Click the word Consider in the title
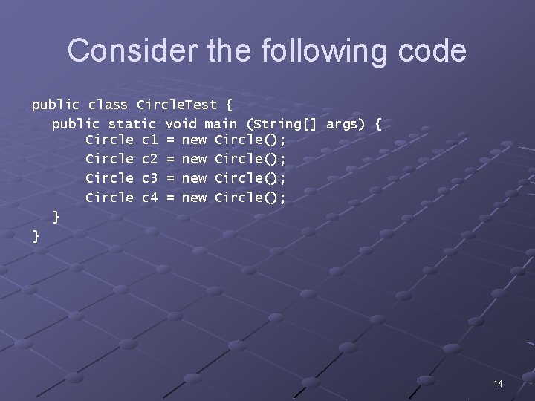pos(114,51)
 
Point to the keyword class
pos(108,105)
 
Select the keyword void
pos(181,124)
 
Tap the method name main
pos(221,124)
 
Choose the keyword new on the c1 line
pos(194,140)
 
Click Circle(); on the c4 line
pos(250,198)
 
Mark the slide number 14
pos(498,383)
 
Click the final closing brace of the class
pos(36,236)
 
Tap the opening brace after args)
pos(378,124)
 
